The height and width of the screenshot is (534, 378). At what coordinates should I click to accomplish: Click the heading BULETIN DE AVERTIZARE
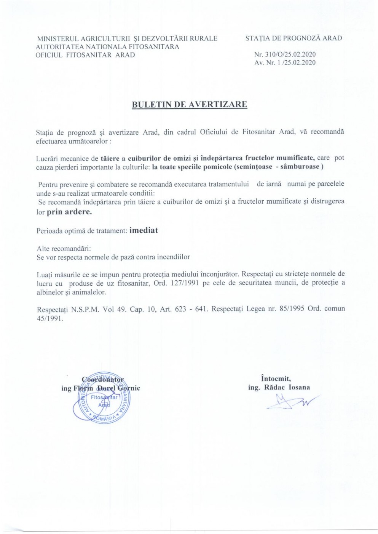tap(189, 105)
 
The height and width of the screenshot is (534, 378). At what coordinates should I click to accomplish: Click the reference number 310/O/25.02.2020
tap(289, 55)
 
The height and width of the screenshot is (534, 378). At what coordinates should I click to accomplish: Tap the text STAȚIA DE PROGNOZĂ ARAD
tap(293, 38)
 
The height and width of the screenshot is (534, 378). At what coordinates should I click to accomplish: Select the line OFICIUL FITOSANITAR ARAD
tap(85, 55)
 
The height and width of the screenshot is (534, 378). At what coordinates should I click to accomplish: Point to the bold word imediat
tap(144, 230)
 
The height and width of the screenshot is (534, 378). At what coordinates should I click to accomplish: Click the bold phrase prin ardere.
tap(69, 212)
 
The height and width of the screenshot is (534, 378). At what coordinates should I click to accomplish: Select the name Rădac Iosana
tap(287, 388)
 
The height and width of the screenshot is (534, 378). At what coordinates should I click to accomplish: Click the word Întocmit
tap(276, 379)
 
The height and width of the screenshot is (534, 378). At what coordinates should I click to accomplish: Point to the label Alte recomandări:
tap(64, 248)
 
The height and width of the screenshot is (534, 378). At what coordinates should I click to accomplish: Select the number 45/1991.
tap(49, 318)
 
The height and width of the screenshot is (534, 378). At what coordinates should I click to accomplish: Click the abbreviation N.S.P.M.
tap(85, 309)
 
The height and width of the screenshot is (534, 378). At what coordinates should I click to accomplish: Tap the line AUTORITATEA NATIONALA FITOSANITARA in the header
tap(107, 47)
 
